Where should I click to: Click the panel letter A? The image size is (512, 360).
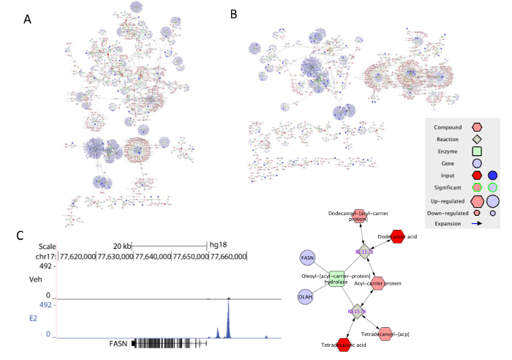pyautogui.click(x=27, y=19)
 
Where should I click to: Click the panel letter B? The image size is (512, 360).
pyautogui.click(x=233, y=14)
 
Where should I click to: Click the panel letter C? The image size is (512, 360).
pyautogui.click(x=20, y=235)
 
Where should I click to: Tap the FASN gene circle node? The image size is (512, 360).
pyautogui.click(x=308, y=257)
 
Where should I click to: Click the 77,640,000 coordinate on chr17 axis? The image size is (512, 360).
pyautogui.click(x=151, y=256)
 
